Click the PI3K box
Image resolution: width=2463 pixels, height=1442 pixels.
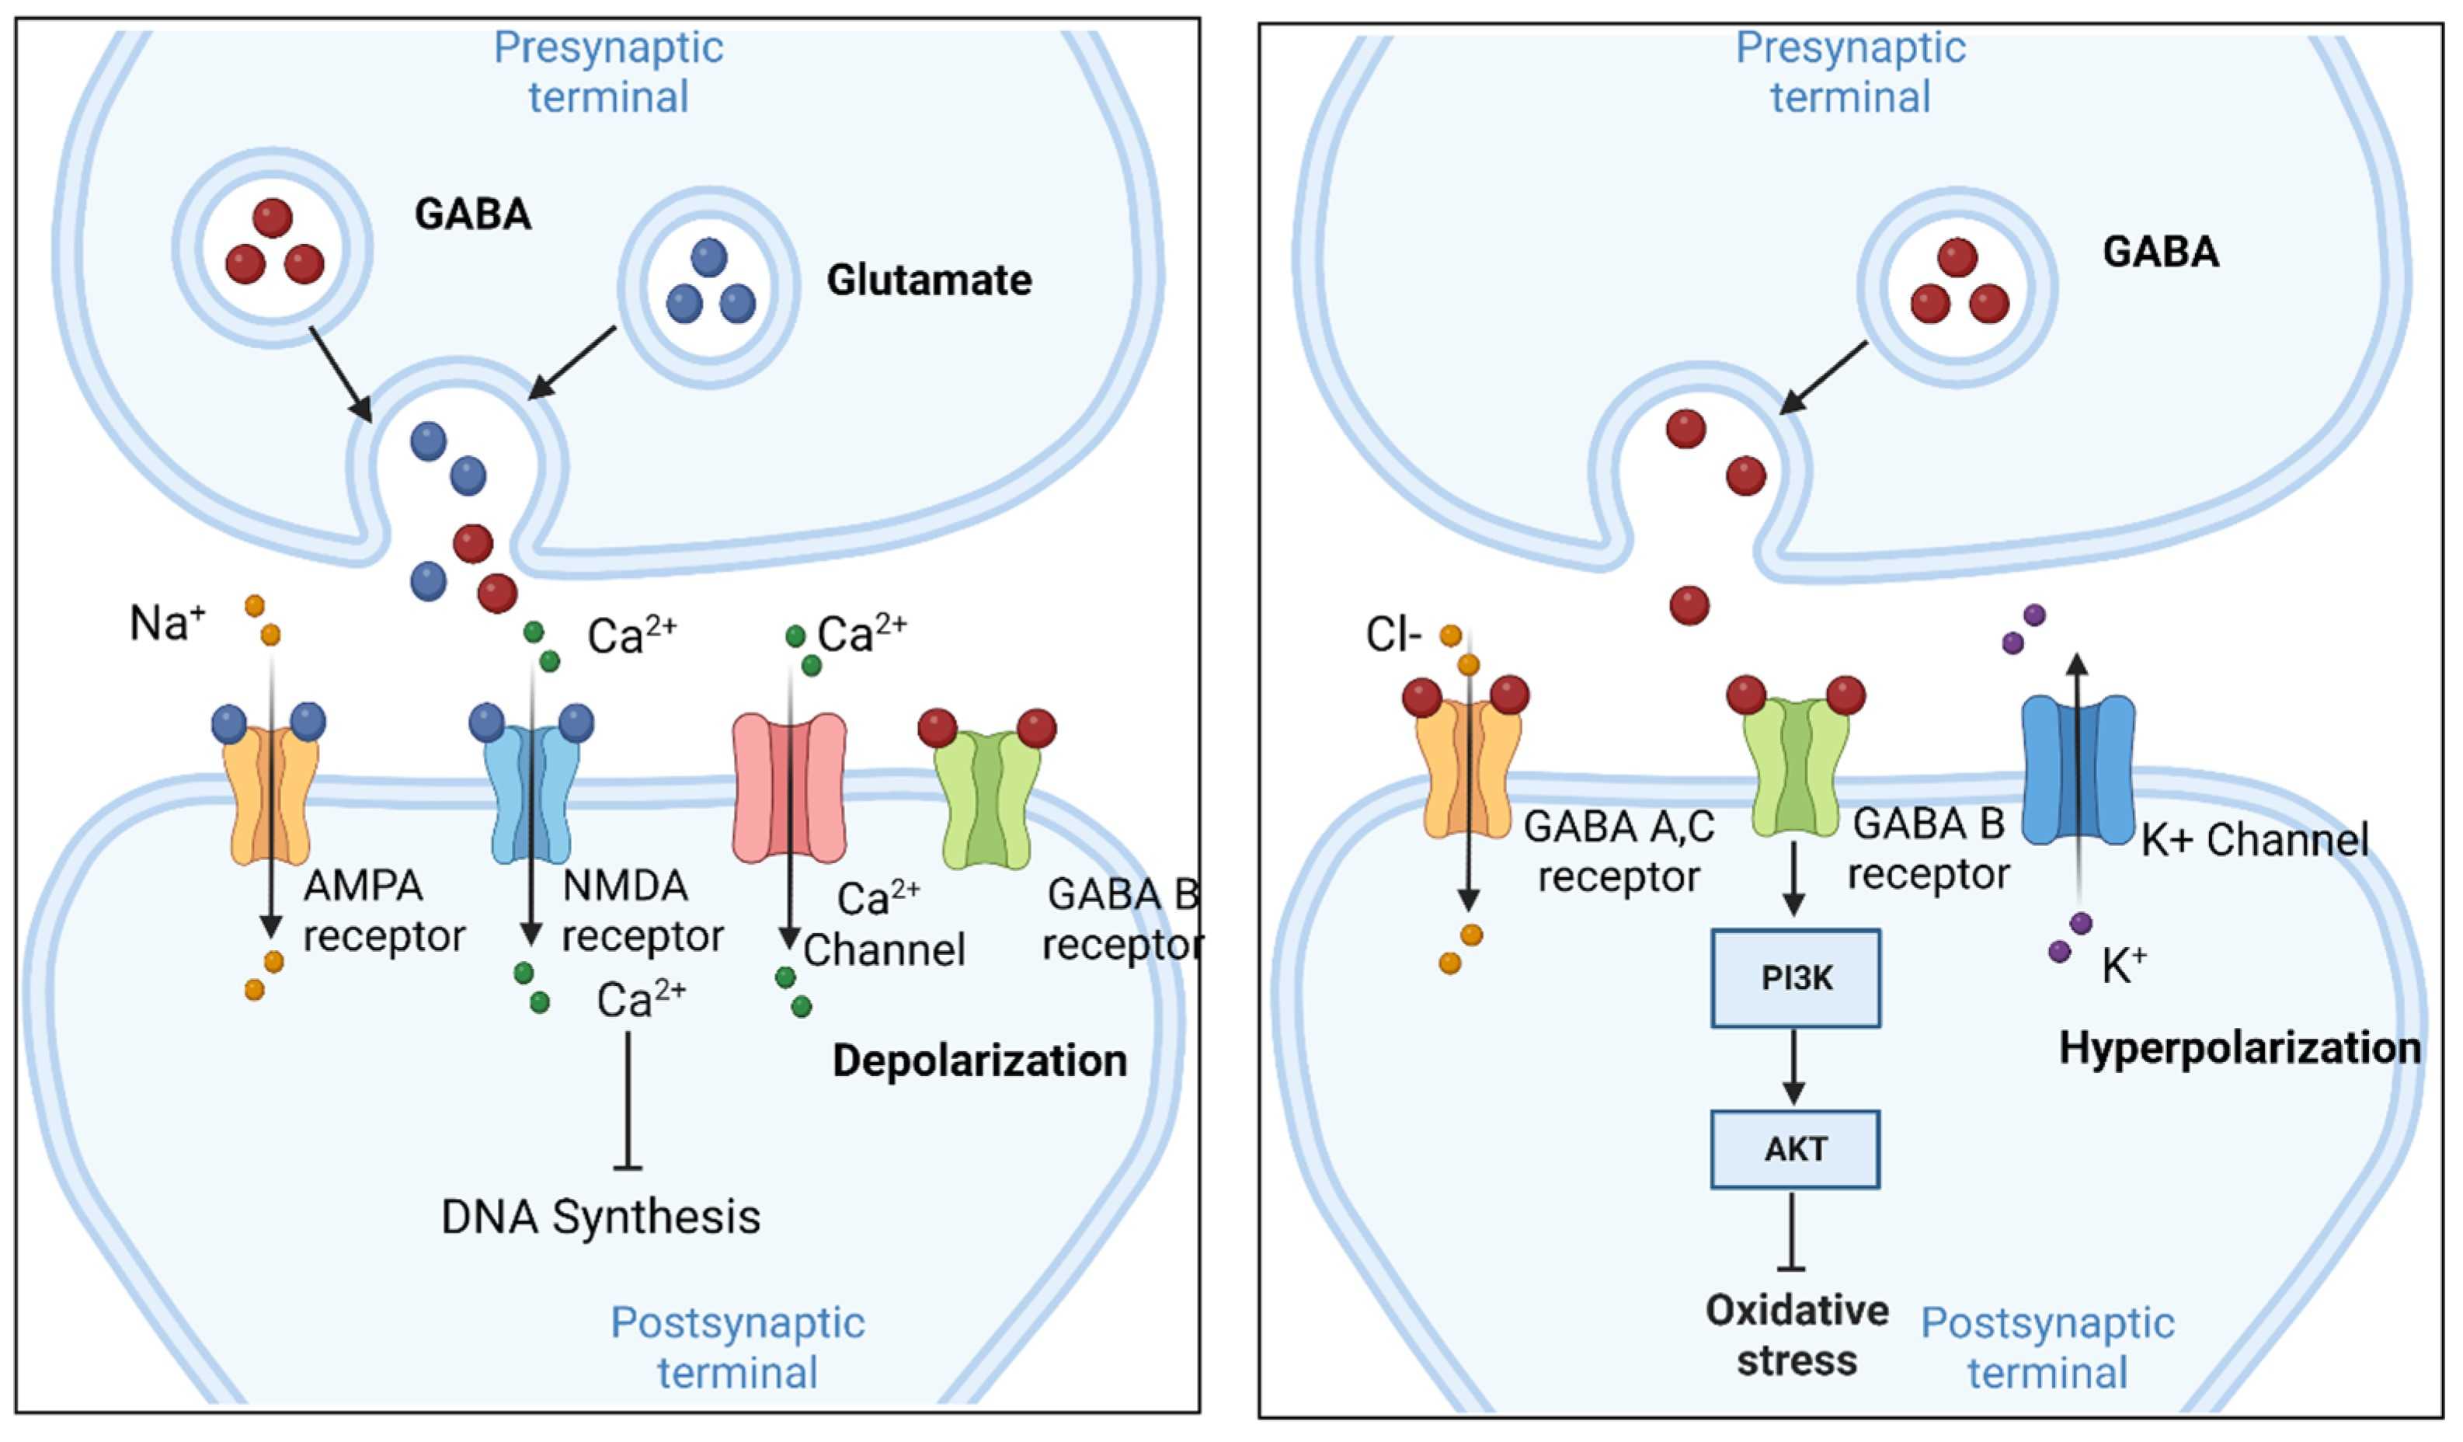click(1796, 977)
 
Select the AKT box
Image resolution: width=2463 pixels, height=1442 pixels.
click(1796, 1149)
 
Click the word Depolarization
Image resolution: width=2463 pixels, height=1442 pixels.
click(979, 1061)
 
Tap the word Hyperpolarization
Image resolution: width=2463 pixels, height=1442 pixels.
click(2239, 1048)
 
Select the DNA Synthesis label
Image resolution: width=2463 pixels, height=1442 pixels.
click(600, 1217)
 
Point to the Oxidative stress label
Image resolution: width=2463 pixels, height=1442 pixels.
click(1797, 1336)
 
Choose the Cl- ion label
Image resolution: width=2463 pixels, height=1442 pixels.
click(1393, 636)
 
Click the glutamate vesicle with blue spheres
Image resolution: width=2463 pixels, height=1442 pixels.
click(710, 287)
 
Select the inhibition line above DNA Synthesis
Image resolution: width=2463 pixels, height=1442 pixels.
click(627, 1100)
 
